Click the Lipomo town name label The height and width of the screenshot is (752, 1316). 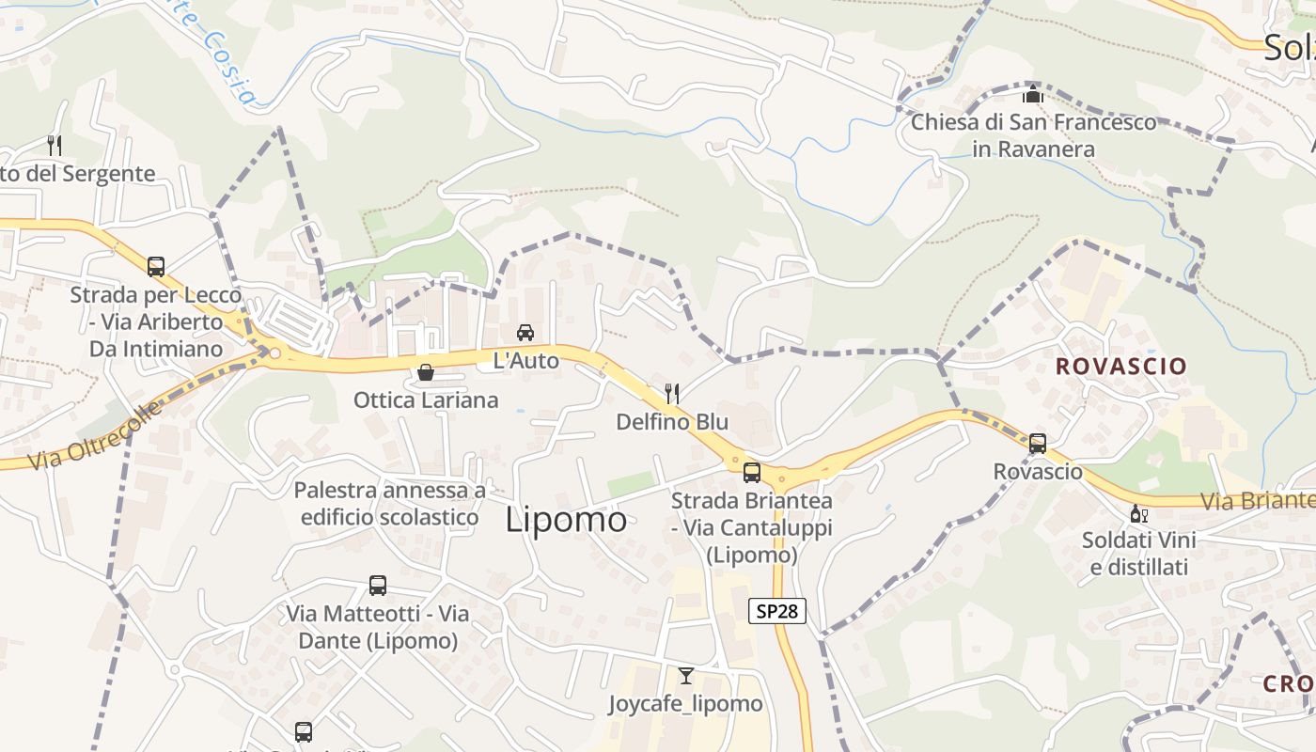pos(566,520)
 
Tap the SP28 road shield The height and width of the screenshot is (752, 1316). pos(777,611)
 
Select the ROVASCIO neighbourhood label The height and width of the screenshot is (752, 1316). pos(1121,367)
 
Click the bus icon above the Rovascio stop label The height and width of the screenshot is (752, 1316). pos(1038,443)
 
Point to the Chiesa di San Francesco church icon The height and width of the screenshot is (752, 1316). pos(1033,95)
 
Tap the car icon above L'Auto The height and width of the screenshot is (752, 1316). pos(525,332)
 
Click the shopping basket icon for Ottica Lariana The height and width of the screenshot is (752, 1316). pos(426,373)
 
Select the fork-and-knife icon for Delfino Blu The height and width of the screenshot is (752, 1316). pos(672,393)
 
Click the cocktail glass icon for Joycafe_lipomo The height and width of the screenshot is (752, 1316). pos(686,675)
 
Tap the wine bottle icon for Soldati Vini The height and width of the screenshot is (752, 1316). pos(1138,513)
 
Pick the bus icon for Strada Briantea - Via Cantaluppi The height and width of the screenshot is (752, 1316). pos(751,472)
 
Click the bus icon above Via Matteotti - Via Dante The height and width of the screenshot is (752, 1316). pos(378,586)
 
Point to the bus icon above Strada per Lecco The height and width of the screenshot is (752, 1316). pos(156,266)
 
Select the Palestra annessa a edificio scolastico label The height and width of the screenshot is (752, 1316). pos(390,504)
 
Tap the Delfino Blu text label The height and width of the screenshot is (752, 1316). pos(672,422)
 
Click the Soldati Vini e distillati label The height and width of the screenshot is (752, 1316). pos(1139,554)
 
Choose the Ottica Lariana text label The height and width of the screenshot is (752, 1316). pos(426,400)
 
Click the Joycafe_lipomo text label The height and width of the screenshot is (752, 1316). pos(685,703)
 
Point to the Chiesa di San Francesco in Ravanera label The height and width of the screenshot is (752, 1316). pos(1034,135)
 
